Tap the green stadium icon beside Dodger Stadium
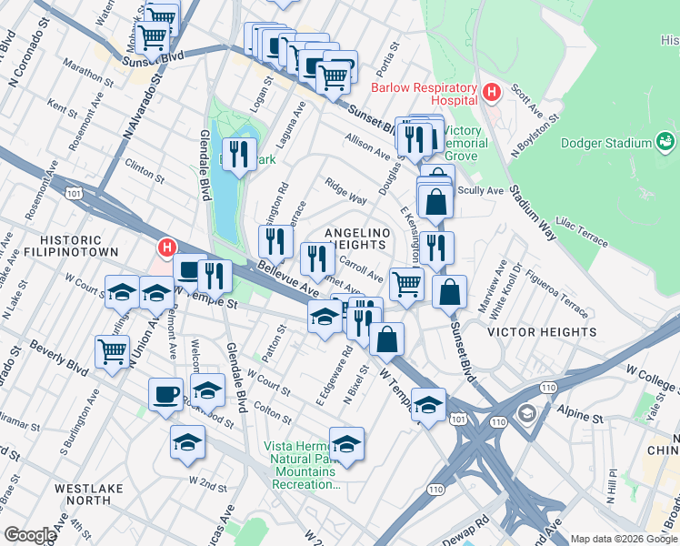[665, 143]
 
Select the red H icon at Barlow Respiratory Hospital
[492, 92]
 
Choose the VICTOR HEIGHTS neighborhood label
[542, 332]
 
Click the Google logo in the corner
[29, 535]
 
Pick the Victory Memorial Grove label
[465, 143]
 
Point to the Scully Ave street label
[481, 191]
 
